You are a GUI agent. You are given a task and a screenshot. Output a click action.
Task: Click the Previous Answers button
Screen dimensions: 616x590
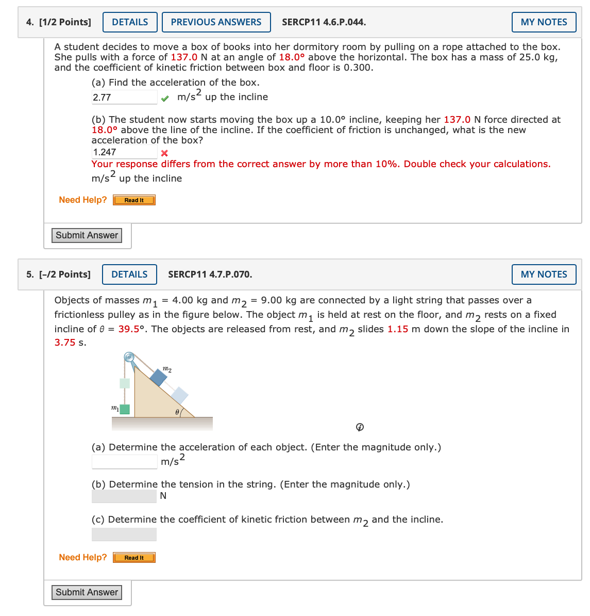[x=216, y=22]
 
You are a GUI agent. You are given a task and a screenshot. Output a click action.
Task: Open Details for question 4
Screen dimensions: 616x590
[x=130, y=22]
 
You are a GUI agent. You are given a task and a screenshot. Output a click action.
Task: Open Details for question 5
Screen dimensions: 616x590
[x=129, y=274]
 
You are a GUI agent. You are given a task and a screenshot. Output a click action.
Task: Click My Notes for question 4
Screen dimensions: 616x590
[x=544, y=22]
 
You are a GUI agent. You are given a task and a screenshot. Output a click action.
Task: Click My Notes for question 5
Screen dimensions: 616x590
[x=544, y=274]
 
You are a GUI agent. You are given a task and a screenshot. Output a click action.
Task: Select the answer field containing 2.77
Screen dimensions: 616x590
[x=124, y=97]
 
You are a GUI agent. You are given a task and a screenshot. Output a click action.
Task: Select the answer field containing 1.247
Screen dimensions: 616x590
[x=124, y=152]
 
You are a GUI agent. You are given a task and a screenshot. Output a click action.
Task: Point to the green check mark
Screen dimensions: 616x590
[x=164, y=98]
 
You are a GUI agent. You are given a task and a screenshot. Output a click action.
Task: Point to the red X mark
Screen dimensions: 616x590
[x=164, y=153]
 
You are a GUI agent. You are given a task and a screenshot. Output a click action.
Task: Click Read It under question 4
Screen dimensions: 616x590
[x=134, y=200]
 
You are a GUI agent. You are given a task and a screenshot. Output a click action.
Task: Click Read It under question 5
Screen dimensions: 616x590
[x=134, y=558]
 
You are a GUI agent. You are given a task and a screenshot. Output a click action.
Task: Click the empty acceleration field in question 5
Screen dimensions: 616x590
[x=124, y=462]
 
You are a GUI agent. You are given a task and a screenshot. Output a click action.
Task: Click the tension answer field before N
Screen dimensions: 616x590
[x=124, y=496]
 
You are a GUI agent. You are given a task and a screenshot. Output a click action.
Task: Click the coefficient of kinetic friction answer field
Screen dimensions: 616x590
[x=124, y=534]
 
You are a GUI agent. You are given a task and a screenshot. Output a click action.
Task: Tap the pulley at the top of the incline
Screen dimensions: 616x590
[x=129, y=357]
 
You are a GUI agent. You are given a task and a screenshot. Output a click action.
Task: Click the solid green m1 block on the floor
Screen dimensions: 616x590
[x=124, y=410]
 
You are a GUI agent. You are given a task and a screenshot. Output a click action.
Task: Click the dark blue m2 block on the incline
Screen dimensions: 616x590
[x=158, y=377]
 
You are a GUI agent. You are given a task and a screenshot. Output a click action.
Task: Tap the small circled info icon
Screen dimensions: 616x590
[x=360, y=427]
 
